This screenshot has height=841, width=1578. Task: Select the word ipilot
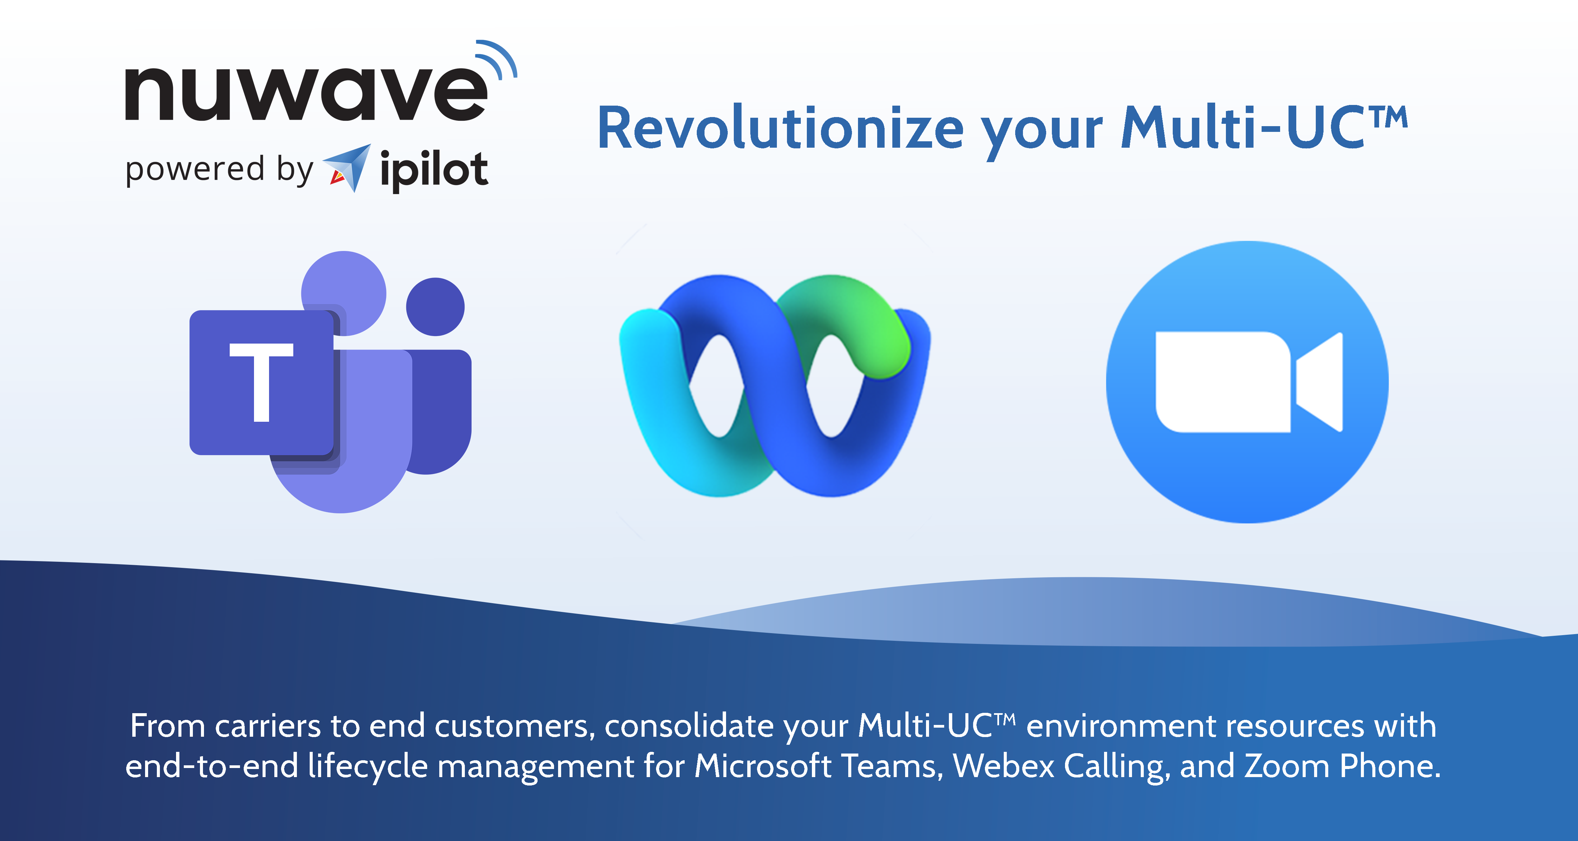click(434, 170)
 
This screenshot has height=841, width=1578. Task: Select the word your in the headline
click(1041, 132)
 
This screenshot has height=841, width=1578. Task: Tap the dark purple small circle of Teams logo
click(436, 307)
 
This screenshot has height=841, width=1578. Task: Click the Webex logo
click(775, 386)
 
